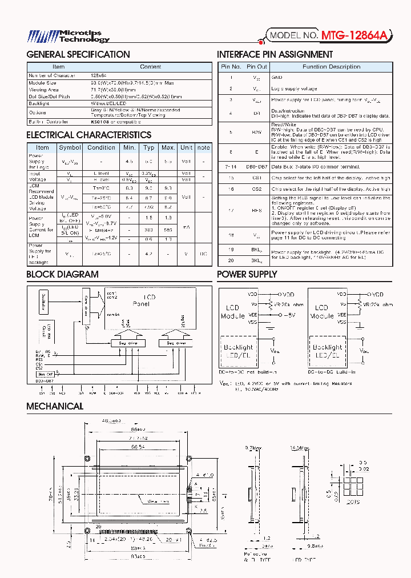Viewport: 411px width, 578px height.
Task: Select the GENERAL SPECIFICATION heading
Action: [x=78, y=55]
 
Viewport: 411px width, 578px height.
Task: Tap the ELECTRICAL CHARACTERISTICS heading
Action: [x=88, y=135]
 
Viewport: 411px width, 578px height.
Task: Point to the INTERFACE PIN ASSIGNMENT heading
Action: [x=275, y=55]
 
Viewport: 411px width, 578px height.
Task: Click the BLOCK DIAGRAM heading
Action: [x=62, y=274]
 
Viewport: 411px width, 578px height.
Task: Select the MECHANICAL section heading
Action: [x=55, y=406]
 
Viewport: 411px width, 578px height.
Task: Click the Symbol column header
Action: [x=70, y=147]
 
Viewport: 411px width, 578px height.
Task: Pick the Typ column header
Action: [x=149, y=147]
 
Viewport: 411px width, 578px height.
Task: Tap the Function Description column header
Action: [x=331, y=67]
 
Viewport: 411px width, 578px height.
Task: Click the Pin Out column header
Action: [x=257, y=67]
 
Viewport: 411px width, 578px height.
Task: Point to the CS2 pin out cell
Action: [x=257, y=188]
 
